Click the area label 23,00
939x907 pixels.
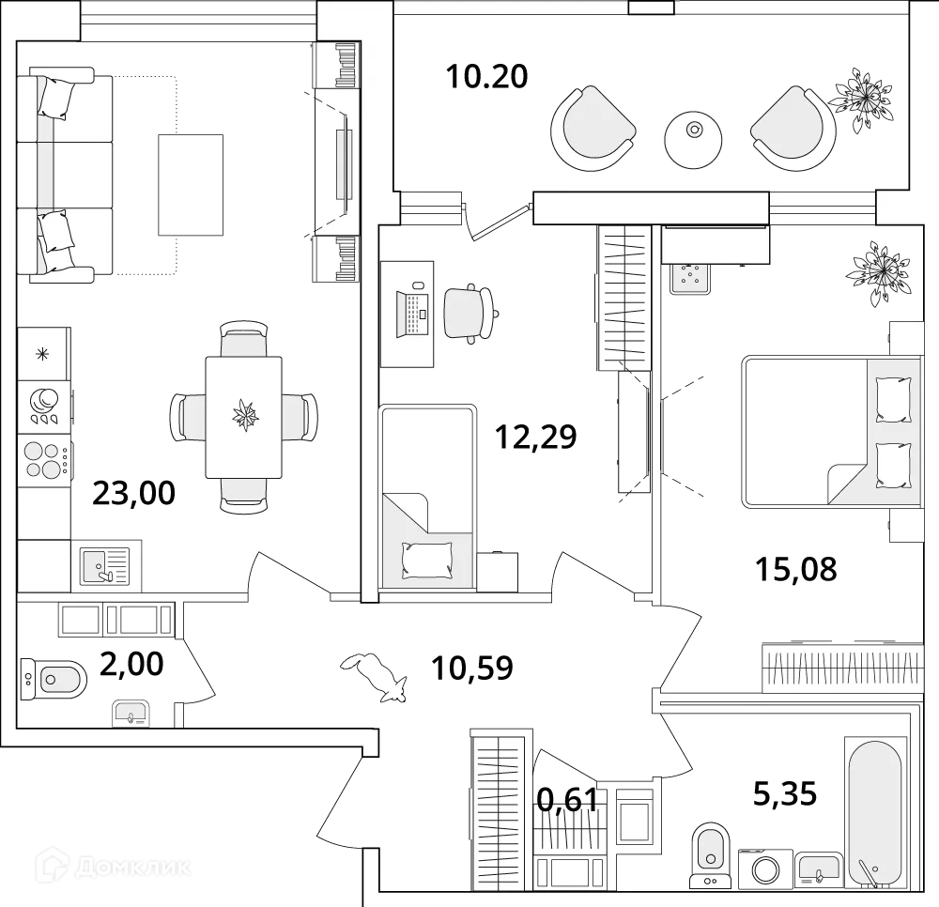click(133, 492)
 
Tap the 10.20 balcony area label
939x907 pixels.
click(487, 76)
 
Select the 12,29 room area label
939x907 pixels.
click(536, 437)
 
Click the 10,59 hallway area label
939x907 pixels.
click(471, 668)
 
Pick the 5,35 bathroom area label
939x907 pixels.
click(784, 795)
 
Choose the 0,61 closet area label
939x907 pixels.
click(567, 800)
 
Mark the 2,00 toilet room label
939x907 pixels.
click(132, 664)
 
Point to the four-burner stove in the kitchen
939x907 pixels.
click(44, 459)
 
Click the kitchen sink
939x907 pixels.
click(104, 565)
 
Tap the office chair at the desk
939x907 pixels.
click(467, 311)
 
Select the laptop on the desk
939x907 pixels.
click(413, 310)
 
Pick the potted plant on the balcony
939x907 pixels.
click(861, 98)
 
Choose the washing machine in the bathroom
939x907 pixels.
click(764, 869)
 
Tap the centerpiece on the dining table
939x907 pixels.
click(247, 413)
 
